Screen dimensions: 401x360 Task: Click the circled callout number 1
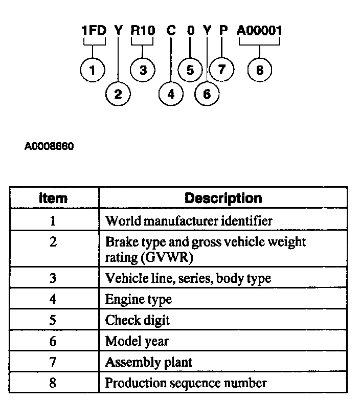coord(93,71)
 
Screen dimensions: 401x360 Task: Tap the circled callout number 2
coord(118,94)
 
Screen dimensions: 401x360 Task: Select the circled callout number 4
coord(171,94)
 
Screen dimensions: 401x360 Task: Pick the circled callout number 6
coord(207,94)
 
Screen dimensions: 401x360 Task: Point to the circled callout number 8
coord(259,71)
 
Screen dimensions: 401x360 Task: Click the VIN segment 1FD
coord(94,30)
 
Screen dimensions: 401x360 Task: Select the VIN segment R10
coord(143,30)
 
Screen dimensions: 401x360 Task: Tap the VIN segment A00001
coord(259,30)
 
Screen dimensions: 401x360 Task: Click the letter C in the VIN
coord(171,30)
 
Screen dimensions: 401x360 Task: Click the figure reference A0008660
coord(49,147)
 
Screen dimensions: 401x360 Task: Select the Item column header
coord(53,198)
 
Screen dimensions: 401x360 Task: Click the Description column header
coord(223,198)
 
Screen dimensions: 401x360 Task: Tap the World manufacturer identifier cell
coord(189,221)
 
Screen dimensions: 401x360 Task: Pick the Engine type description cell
coord(139,299)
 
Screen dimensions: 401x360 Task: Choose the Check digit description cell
coord(137,320)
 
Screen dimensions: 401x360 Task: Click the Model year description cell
coord(137,341)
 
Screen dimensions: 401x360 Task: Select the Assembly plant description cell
coord(149,362)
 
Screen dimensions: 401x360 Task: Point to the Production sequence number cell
coord(186,383)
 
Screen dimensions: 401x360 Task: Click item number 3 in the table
coord(53,278)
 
